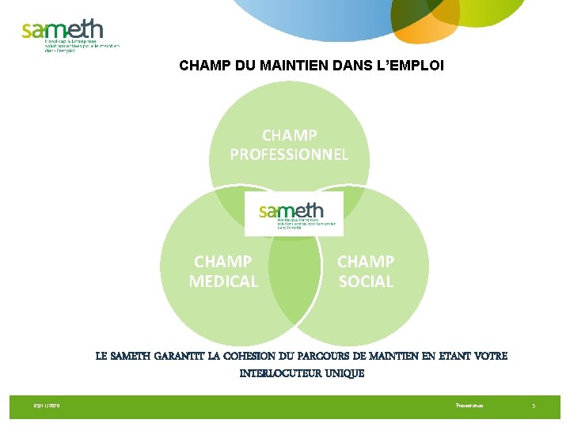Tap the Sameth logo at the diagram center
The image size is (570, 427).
click(294, 213)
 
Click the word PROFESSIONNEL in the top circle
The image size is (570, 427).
click(289, 154)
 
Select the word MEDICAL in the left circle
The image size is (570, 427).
click(223, 281)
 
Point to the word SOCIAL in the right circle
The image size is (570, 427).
click(366, 281)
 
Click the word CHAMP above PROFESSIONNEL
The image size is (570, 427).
click(290, 135)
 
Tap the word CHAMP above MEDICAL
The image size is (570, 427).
click(223, 261)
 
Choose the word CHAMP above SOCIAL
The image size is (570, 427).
click(366, 261)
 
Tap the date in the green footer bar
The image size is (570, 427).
click(47, 406)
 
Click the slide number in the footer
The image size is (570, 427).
click(534, 406)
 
